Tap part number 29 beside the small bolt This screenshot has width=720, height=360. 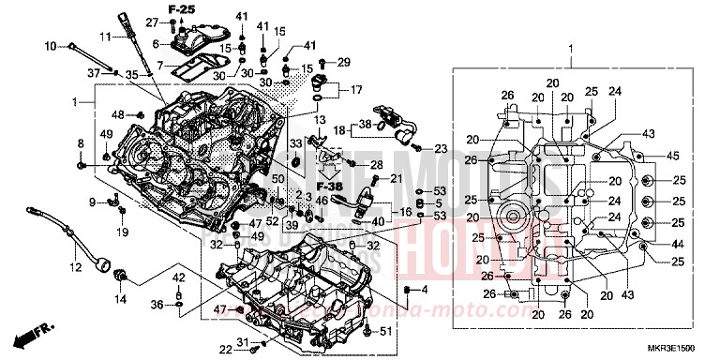click(x=344, y=62)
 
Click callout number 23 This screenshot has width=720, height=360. click(x=441, y=149)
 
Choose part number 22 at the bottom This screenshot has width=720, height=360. click(x=226, y=350)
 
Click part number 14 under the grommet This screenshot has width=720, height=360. click(x=119, y=298)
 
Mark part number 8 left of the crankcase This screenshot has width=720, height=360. click(x=81, y=142)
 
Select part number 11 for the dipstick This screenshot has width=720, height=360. click(x=106, y=37)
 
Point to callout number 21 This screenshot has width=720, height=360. click(x=397, y=178)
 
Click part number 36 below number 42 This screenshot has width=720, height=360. click(x=157, y=304)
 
